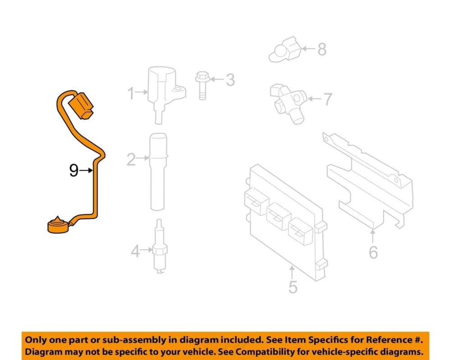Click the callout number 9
74,171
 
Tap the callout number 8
322,49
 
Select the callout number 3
230,80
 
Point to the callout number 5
293,287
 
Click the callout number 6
373,252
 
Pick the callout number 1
131,93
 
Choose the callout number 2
131,159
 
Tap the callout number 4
135,251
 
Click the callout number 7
328,99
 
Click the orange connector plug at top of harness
82,105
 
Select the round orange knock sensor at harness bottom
59,225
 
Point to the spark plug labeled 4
160,246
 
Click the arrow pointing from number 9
86,171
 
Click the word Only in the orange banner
36,340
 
